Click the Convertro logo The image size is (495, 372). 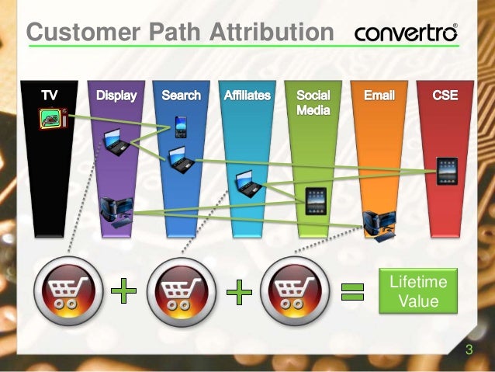click(406, 33)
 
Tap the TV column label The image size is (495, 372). click(48, 96)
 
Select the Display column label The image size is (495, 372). click(116, 96)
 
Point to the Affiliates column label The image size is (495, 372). click(247, 96)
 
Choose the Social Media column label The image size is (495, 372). click(313, 103)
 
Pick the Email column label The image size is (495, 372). click(379, 96)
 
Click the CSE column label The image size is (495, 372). click(445, 96)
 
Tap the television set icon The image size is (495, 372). click(52, 118)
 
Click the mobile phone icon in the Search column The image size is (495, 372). click(181, 125)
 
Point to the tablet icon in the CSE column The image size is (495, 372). click(447, 172)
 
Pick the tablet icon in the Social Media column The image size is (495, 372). click(315, 200)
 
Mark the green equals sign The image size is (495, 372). click(354, 291)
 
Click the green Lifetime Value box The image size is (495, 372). click(418, 290)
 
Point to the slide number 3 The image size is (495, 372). click(469, 350)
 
